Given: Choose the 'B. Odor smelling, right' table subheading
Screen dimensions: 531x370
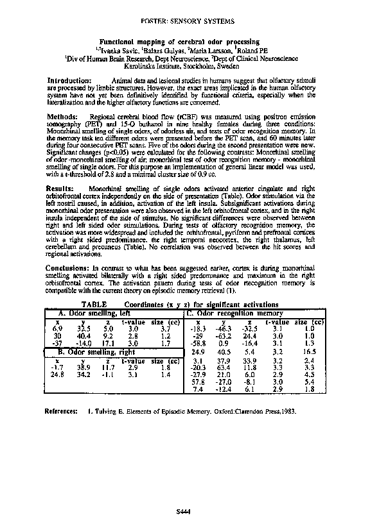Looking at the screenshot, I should [x=97, y=352].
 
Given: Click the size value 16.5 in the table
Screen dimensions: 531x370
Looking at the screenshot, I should [x=309, y=352].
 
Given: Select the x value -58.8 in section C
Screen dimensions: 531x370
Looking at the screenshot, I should [x=198, y=344].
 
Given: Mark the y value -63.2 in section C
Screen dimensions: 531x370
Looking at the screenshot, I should [x=224, y=335].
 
